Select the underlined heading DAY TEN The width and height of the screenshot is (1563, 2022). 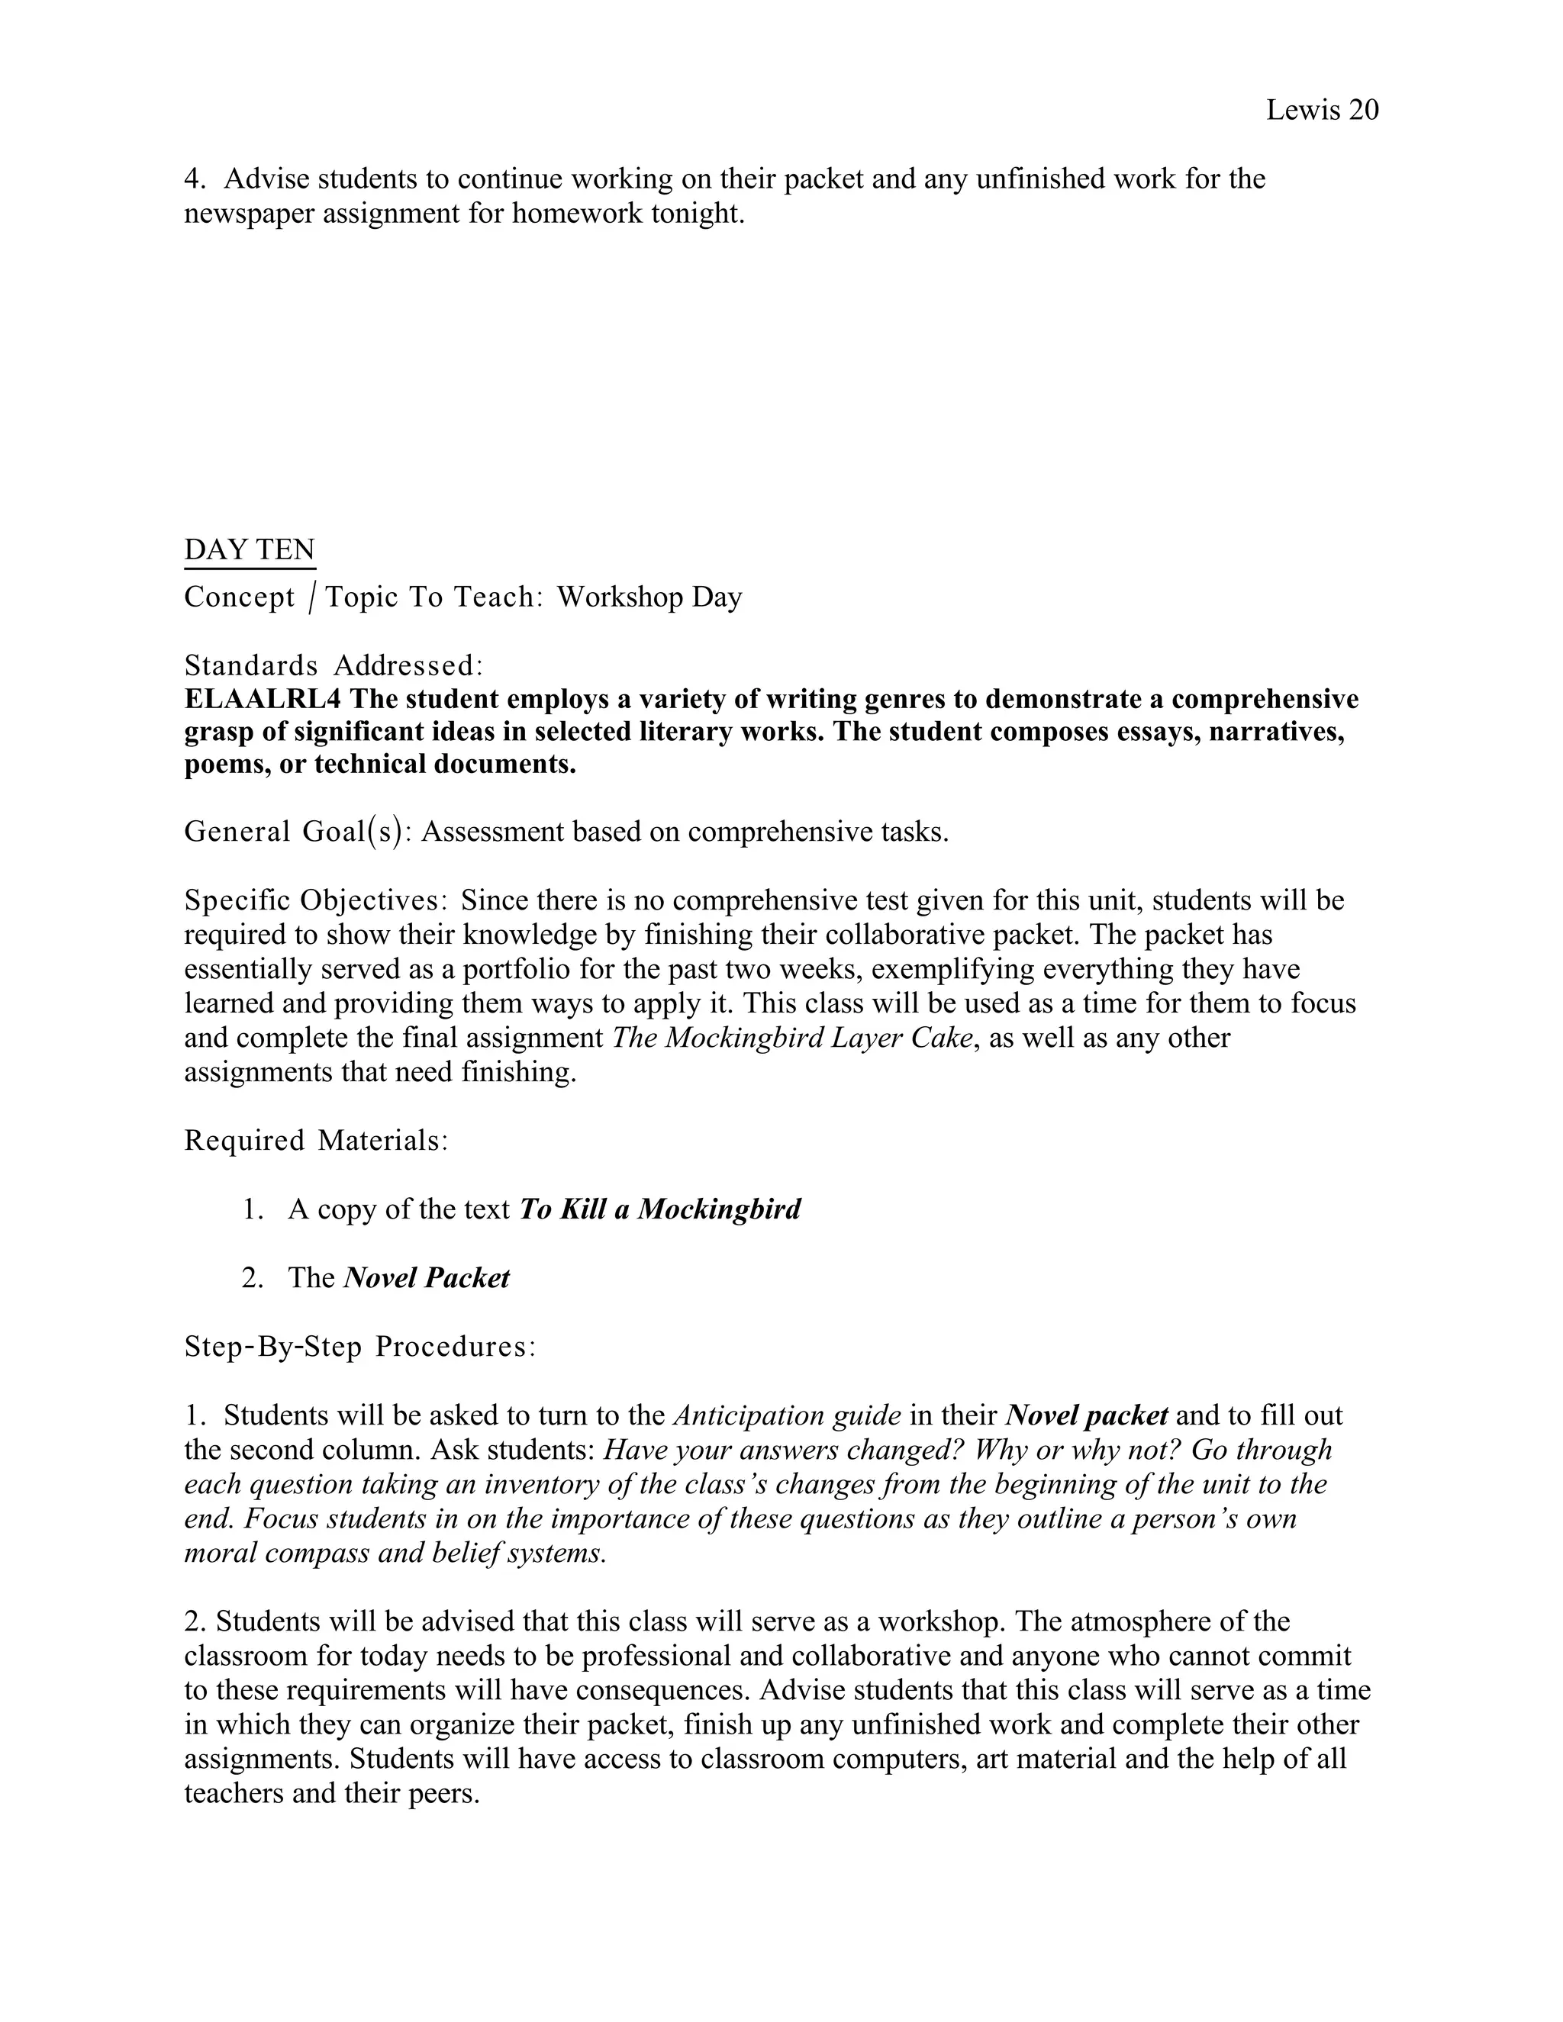click(x=250, y=550)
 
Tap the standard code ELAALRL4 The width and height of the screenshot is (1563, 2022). click(x=263, y=699)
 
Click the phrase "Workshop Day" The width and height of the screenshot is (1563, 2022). click(x=649, y=597)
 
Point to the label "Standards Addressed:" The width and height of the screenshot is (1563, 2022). click(x=334, y=665)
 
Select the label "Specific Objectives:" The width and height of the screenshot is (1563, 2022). click(x=317, y=900)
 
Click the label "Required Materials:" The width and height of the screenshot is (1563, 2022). click(x=316, y=1141)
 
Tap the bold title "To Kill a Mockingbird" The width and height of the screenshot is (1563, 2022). click(x=659, y=1209)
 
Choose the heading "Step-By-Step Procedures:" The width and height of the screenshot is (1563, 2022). click(x=360, y=1346)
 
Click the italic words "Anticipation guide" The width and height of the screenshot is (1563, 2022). click(x=787, y=1415)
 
